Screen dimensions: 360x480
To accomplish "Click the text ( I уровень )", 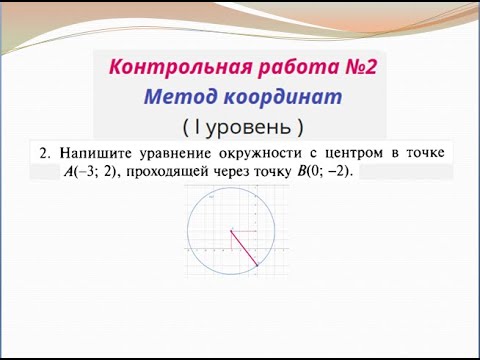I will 242,127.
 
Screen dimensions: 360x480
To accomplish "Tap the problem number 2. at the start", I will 44,153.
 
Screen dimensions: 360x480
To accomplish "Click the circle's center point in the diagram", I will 231,231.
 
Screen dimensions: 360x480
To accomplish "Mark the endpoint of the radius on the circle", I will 258,265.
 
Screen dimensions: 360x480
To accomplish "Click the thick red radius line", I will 244,248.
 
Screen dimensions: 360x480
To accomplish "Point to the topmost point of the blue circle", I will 231,187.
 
